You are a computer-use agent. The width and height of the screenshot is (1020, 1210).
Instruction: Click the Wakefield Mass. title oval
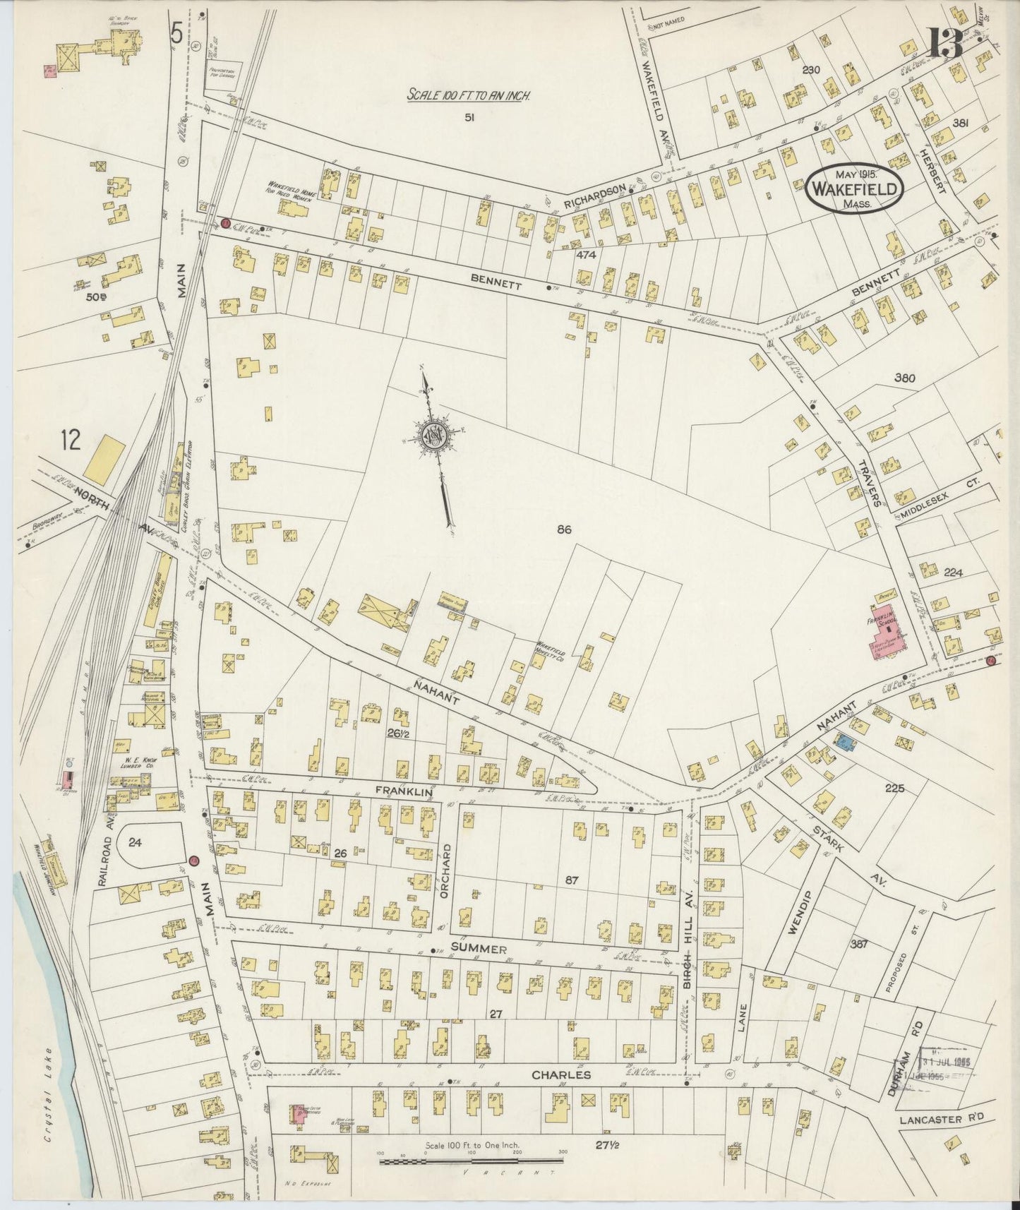(855, 188)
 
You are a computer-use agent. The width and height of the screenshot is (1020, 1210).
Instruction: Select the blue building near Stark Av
(844, 741)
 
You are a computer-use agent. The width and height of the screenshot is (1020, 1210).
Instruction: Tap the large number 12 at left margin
(71, 441)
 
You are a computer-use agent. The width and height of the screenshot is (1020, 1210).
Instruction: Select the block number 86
(563, 529)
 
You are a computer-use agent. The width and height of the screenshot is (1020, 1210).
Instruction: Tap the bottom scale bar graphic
(471, 1159)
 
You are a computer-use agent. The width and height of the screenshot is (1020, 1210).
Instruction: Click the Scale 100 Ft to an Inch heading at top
(468, 95)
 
